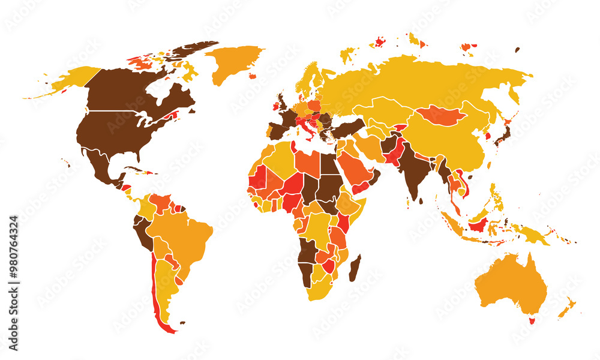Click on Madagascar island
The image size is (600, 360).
click(355, 268)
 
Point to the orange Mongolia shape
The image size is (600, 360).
click(441, 115)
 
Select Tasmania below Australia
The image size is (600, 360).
click(530, 320)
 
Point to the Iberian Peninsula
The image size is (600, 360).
click(277, 130)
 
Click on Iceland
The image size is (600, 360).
click(253, 76)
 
